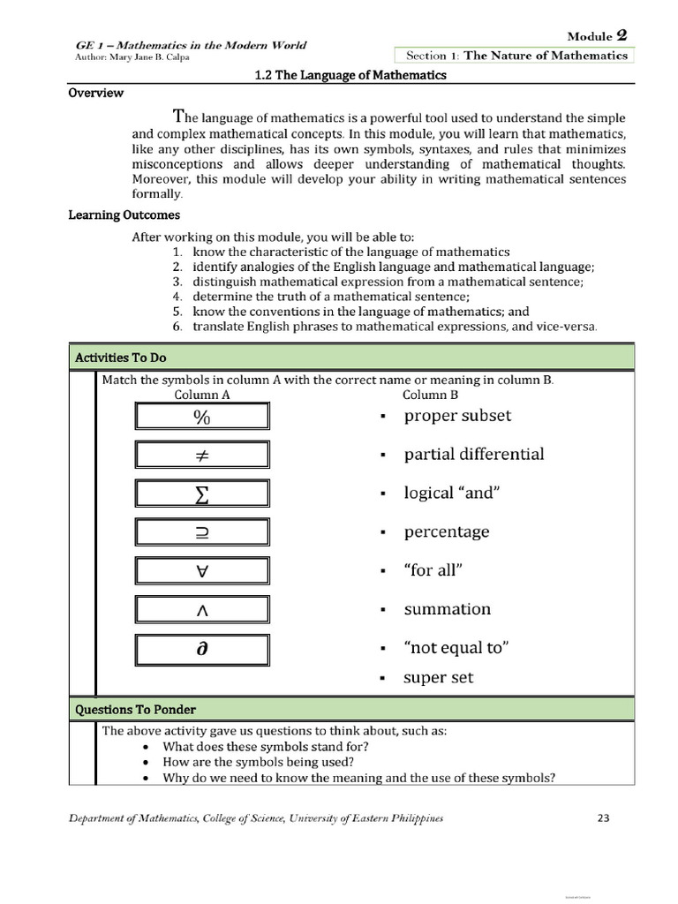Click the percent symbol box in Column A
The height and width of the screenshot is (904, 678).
point(202,416)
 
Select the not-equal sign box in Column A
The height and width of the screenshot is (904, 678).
point(202,455)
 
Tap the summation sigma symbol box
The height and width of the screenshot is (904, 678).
point(202,493)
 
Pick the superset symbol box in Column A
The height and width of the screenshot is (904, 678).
point(202,532)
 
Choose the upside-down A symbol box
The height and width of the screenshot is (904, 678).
point(202,571)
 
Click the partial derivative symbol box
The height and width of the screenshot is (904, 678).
point(202,649)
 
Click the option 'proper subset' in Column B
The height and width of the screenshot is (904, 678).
point(457,416)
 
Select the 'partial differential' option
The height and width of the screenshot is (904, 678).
point(473,455)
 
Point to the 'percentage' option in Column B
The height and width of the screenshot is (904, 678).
point(446,532)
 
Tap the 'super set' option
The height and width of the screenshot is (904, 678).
point(439,678)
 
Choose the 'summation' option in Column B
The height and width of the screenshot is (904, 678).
point(447,609)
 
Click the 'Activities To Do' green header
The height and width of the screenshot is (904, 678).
point(121,358)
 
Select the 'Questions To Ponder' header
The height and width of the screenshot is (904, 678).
point(135,710)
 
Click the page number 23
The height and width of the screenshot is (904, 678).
point(604,818)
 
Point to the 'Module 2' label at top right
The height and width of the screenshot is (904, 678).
point(597,35)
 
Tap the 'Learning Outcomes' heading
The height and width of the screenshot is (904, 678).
point(124,215)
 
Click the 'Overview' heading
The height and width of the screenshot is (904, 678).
point(96,94)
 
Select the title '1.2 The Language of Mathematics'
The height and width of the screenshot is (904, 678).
point(350,75)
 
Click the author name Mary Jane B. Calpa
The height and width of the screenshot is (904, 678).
point(132,58)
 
